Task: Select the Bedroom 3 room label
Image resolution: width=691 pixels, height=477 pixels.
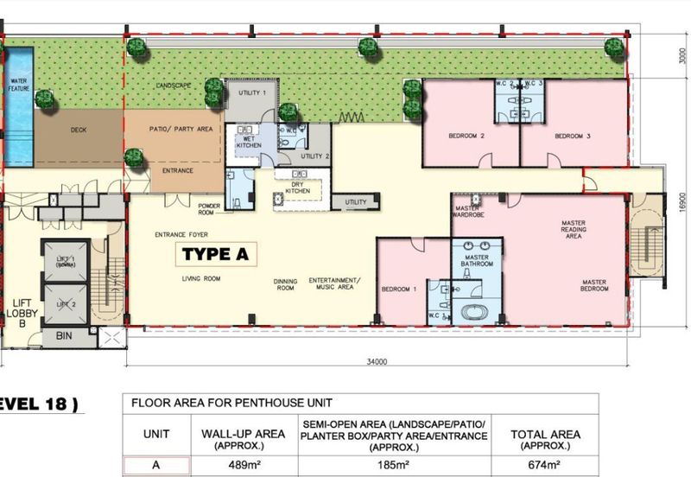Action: (572, 137)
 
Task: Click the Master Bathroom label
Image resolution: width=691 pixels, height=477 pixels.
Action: (478, 260)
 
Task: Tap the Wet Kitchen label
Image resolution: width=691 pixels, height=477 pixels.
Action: (249, 141)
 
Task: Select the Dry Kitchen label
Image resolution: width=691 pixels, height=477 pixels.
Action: (297, 187)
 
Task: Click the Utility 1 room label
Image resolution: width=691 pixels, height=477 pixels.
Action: (251, 92)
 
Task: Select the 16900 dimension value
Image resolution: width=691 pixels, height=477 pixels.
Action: (682, 203)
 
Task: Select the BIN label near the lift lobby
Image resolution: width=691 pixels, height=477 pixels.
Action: (63, 335)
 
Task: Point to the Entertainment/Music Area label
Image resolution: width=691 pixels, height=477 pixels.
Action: (334, 284)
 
